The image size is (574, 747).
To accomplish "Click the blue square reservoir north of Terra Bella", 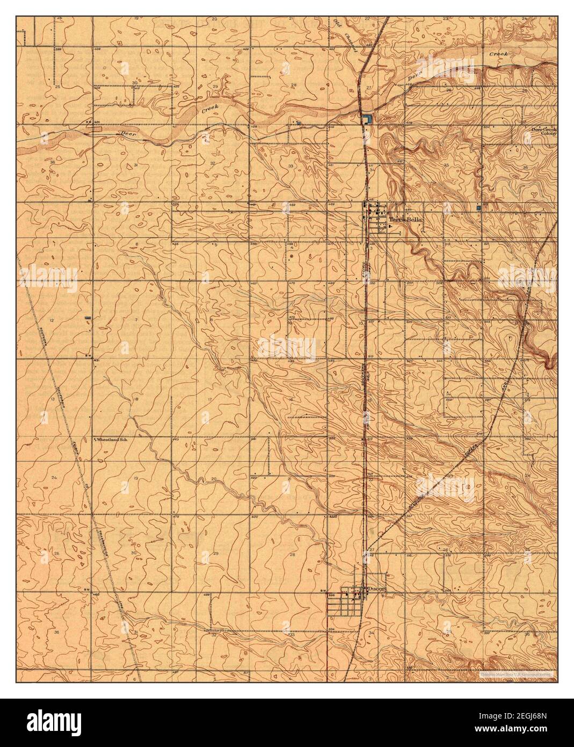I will click(367, 119).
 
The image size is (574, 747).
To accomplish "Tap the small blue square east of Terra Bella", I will click(478, 207).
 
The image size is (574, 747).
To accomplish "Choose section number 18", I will click(135, 399).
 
